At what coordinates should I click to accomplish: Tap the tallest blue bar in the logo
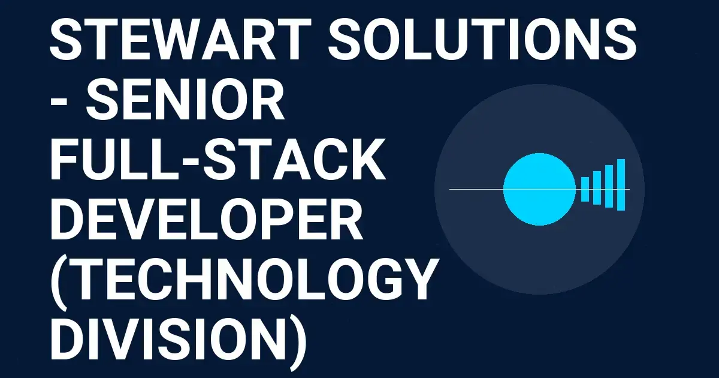(x=621, y=185)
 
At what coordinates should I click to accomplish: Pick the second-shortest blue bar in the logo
(x=597, y=187)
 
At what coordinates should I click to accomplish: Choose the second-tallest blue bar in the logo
(x=609, y=186)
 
